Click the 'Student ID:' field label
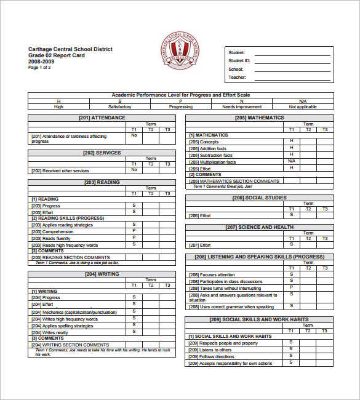click(x=239, y=61)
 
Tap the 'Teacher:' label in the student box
click(x=238, y=78)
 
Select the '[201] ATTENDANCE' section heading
click(x=102, y=118)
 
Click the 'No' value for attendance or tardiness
click(x=134, y=135)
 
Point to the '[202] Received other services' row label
click(x=60, y=170)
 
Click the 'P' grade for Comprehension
click(x=134, y=231)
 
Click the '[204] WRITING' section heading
click(x=102, y=274)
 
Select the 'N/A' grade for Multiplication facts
click(x=292, y=161)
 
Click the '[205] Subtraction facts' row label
click(x=210, y=155)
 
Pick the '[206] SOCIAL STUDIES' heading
click(x=259, y=198)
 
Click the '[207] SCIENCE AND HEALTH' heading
click(x=259, y=227)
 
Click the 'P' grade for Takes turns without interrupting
click(x=292, y=287)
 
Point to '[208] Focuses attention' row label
click(x=212, y=274)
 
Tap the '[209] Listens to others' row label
click(x=210, y=350)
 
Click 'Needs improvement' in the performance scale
click(x=241, y=106)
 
